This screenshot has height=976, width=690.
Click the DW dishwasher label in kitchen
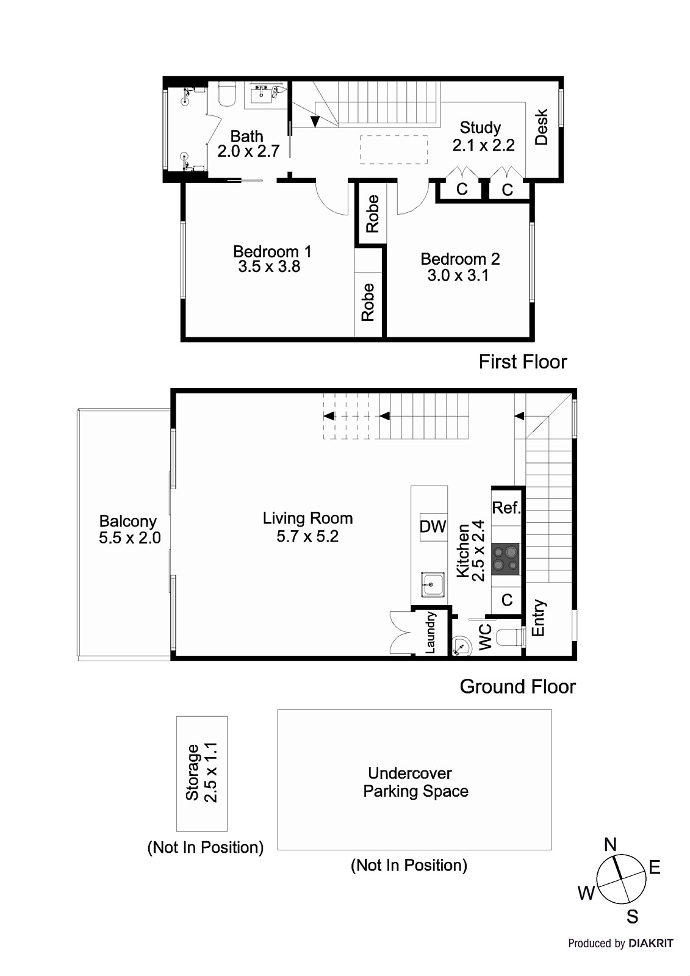[x=433, y=526]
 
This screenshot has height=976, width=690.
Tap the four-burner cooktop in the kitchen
[x=506, y=559]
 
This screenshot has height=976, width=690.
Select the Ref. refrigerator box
[x=506, y=508]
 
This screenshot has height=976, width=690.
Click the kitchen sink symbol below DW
[x=433, y=585]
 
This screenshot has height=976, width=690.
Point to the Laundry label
[x=430, y=633]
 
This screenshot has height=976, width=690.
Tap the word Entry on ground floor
[x=539, y=618]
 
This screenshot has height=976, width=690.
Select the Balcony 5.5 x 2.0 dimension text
[x=129, y=538]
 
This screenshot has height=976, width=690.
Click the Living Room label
[x=307, y=518]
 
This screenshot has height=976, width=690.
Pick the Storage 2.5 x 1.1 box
[x=202, y=773]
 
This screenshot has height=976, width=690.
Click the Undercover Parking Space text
[x=414, y=782]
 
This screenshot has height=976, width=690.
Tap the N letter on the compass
[x=610, y=845]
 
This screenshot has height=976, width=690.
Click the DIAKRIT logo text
[x=651, y=944]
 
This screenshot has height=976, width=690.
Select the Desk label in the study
[x=542, y=127]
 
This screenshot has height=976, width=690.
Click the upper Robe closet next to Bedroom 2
[x=372, y=213]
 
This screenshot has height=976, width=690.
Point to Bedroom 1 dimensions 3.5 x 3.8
[x=269, y=267]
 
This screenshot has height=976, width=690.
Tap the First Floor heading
[x=523, y=362]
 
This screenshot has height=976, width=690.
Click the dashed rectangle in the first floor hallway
[x=394, y=149]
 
